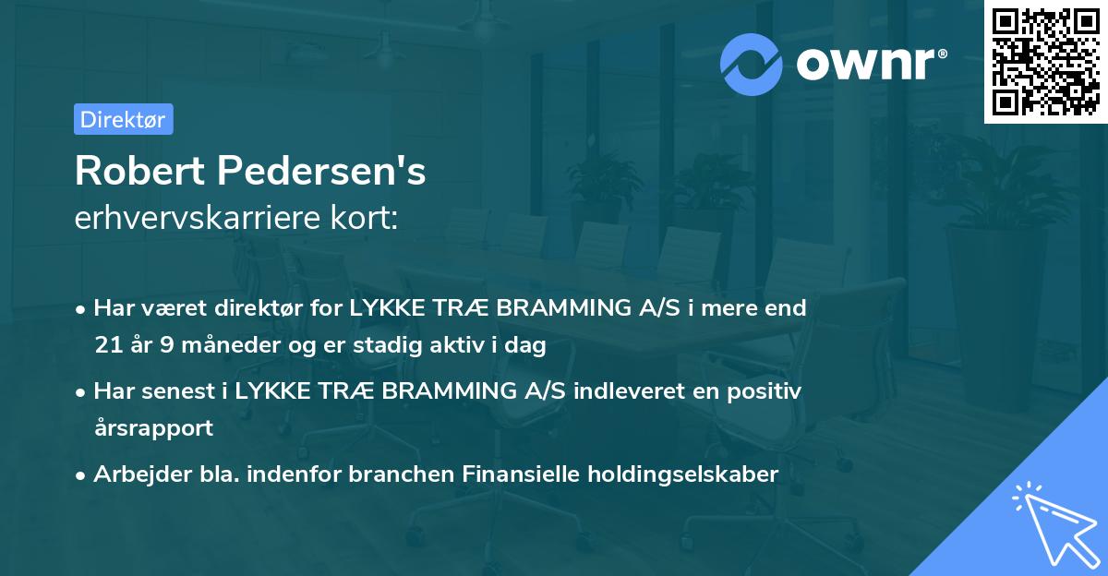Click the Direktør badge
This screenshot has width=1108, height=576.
click(123, 119)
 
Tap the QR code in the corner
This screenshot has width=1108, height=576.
click(1045, 61)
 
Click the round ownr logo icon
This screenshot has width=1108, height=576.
click(752, 64)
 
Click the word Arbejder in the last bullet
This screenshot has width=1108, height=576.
click(135, 474)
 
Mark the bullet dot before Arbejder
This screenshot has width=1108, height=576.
click(82, 474)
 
